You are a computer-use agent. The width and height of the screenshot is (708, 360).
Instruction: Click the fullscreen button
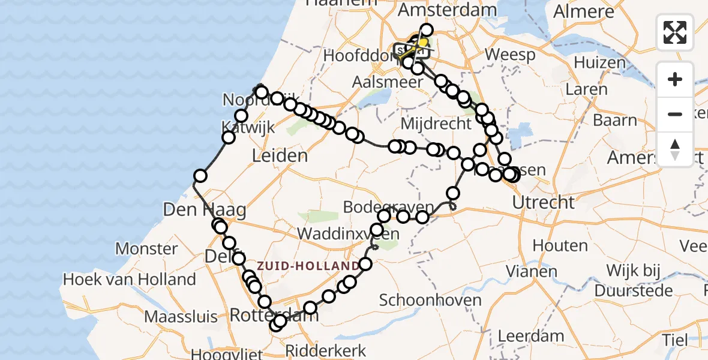[675, 32]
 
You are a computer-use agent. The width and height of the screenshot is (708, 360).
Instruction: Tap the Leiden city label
[280, 156]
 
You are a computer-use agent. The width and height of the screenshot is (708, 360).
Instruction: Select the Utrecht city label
[544, 202]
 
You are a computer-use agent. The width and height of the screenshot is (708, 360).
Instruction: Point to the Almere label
[584, 11]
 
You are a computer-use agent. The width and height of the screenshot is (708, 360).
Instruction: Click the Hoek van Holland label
[130, 279]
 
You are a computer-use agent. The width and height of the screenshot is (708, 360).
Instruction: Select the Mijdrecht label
[436, 124]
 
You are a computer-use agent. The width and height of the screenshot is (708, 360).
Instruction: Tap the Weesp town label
[510, 55]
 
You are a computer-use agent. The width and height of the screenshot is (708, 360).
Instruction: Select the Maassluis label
[172, 316]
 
